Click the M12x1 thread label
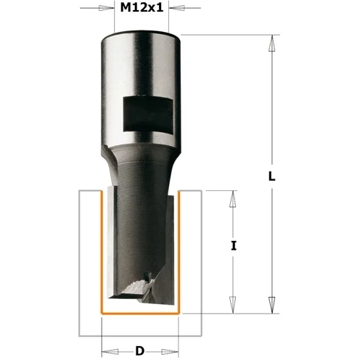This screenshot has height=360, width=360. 142,8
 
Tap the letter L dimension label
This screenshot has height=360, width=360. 272,176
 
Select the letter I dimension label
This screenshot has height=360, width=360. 233,246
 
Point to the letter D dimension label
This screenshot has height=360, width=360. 140,351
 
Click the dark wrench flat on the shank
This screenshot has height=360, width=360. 148,114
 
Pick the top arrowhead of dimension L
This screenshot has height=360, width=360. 272,43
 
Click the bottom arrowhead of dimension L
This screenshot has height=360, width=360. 272,305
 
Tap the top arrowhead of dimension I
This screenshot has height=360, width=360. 233,199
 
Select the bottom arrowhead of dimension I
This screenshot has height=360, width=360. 233,305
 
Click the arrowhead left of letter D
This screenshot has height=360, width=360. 110,351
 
